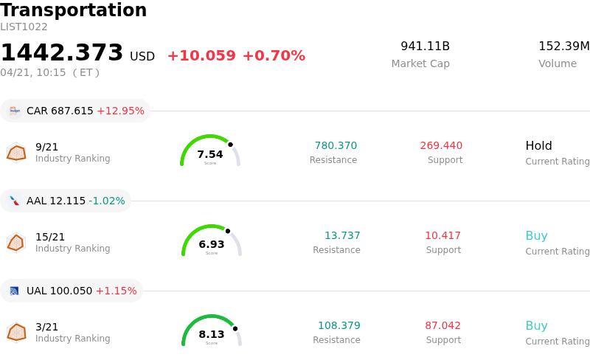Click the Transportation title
coord(74,11)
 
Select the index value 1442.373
coord(62,53)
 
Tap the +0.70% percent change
coord(274,56)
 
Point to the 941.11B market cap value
coord(425,46)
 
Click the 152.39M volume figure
coord(564,46)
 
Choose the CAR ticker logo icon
coord(14,111)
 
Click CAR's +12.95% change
coord(120,111)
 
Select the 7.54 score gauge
coord(210,151)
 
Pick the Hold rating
coord(538,145)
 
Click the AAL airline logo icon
coord(14,201)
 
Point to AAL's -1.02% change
coord(107,201)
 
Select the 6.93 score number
coord(212,244)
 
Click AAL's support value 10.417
coord(442,235)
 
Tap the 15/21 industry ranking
coord(50,237)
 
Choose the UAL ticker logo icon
coord(14,291)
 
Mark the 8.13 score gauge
coord(212,331)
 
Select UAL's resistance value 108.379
coord(339,325)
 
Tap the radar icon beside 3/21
coord(16,333)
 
